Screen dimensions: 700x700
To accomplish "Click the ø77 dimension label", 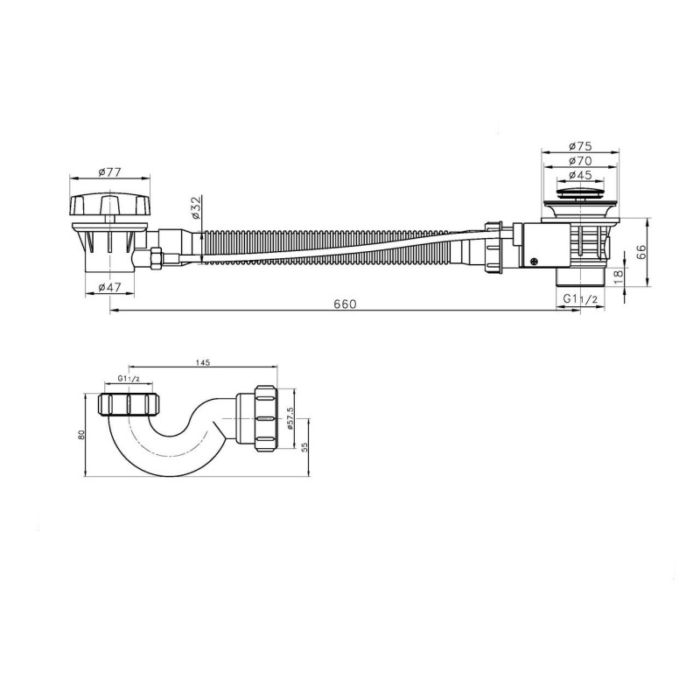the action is point(109,171).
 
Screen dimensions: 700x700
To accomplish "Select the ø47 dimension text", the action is point(109,288).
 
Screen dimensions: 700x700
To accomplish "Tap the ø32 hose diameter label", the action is point(196,207).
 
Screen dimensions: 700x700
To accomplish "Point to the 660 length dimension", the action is point(345,304).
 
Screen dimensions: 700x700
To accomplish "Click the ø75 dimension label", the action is point(580,146).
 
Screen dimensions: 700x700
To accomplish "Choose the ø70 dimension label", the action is point(580,161).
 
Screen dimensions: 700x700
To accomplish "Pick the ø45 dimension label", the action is point(580,175).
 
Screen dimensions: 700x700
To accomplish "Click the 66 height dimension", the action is point(641,252).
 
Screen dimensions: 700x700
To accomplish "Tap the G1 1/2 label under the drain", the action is point(580,299).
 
